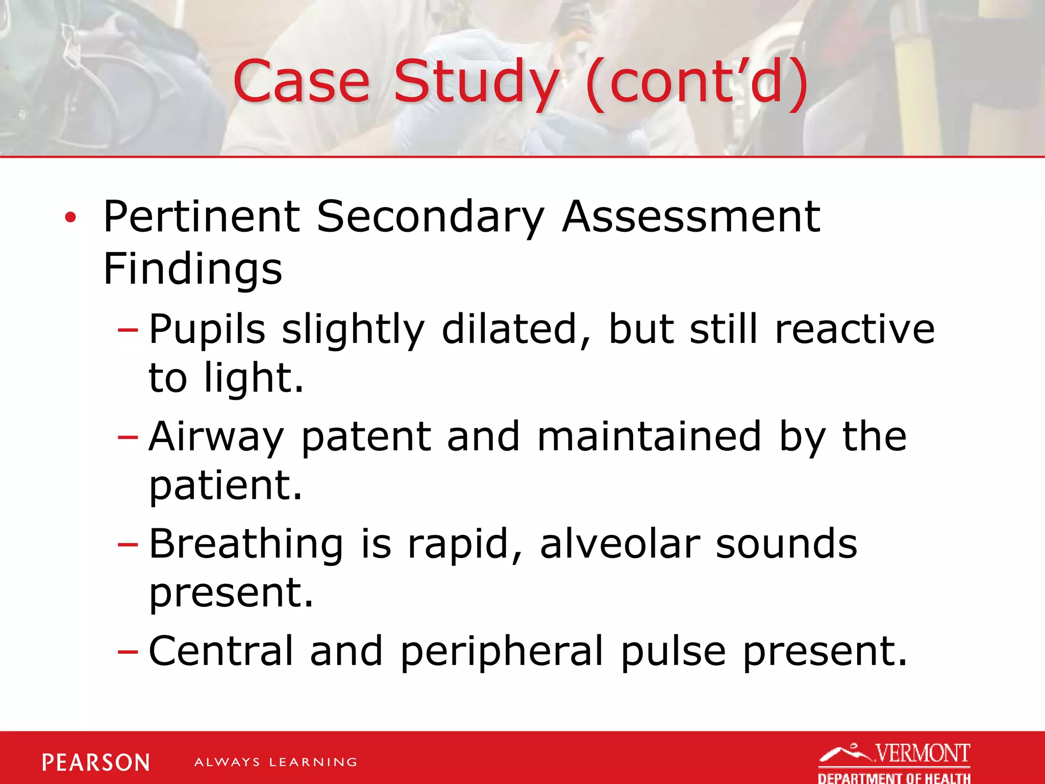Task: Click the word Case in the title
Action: click(301, 82)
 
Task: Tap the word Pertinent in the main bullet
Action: click(202, 217)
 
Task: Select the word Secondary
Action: click(430, 217)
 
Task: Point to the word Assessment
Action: click(691, 217)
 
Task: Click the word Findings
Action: click(192, 269)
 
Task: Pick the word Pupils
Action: click(207, 330)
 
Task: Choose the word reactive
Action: click(855, 330)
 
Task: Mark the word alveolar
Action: click(619, 544)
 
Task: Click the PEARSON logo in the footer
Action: click(96, 763)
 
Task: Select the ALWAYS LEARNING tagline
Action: click(276, 763)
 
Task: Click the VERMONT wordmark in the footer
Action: click(923, 753)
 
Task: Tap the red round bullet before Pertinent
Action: click(70, 218)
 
